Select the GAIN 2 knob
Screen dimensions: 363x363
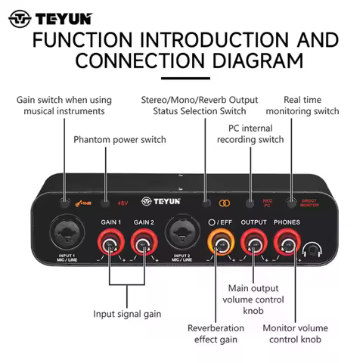[x=144, y=245]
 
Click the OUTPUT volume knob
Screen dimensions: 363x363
[x=254, y=245]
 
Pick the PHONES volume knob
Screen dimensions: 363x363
[x=286, y=245]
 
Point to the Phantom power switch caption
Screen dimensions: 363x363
[x=119, y=140]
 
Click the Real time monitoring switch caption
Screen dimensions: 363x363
[x=311, y=106]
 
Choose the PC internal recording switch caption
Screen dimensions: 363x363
[x=250, y=135]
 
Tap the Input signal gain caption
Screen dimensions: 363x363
[x=127, y=314]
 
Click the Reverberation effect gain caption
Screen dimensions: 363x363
[x=216, y=334]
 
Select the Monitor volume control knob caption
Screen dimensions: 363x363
[x=294, y=334]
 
